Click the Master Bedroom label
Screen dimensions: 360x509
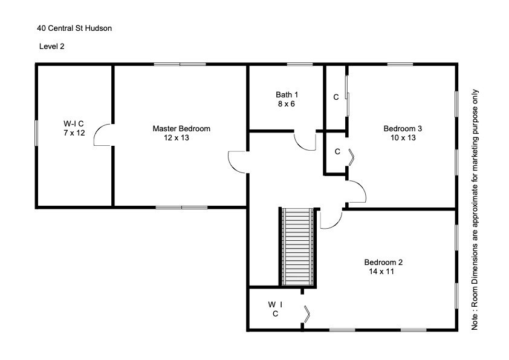(x=181, y=128)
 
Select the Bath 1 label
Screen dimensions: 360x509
(x=287, y=94)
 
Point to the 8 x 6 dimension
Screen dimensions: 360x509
(x=287, y=103)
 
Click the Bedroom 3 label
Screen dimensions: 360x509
(x=402, y=128)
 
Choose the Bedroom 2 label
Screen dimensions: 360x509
(x=383, y=262)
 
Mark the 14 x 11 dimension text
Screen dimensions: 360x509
(x=381, y=272)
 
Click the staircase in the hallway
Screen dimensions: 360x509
(x=299, y=247)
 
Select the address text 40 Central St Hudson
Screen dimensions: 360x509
(x=74, y=28)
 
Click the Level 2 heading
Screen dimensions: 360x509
(x=51, y=46)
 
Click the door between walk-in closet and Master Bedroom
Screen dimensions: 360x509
(x=103, y=135)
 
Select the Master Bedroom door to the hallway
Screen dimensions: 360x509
(x=238, y=162)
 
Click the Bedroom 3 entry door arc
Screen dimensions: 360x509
(x=357, y=192)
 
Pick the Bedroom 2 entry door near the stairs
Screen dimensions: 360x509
(x=330, y=220)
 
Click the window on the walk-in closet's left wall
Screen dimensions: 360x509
(x=36, y=133)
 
